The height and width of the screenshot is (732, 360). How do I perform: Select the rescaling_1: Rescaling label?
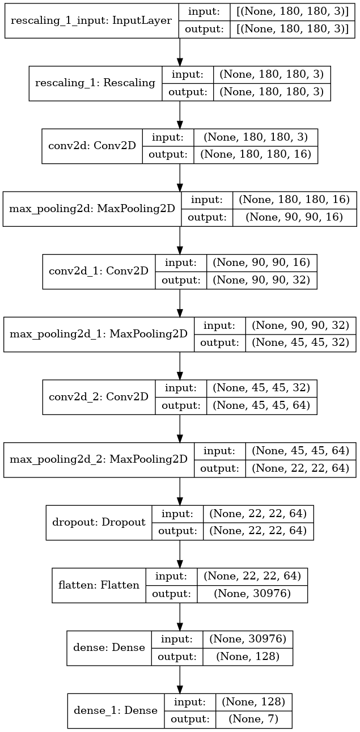(95, 83)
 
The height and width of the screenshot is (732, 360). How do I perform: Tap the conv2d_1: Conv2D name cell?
(99, 271)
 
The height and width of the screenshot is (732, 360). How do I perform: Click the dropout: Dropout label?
(99, 522)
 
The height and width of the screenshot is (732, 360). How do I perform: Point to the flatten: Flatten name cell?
(99, 585)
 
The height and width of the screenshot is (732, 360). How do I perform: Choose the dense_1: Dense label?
(116, 710)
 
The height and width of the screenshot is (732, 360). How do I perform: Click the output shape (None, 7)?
(254, 718)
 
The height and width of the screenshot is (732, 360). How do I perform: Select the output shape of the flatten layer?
(252, 593)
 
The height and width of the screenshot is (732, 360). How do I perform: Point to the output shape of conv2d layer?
(256, 154)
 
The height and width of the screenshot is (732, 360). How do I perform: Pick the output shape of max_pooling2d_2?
(300, 468)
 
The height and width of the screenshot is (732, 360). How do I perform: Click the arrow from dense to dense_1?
(180, 679)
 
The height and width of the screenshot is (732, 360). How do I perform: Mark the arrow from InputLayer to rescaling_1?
(180, 52)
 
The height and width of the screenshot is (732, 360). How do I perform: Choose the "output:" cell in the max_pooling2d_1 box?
(219, 342)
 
